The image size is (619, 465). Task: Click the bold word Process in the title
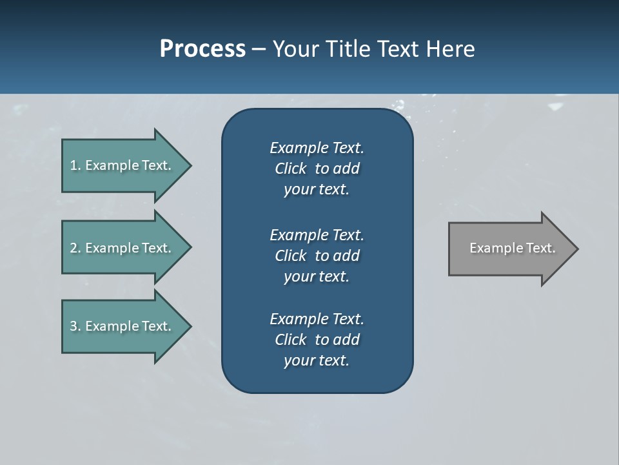202,49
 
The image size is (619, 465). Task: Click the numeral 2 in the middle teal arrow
74,248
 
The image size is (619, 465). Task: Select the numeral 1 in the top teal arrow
74,165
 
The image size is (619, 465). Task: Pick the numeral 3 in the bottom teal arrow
74,326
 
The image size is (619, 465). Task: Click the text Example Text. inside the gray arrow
512,248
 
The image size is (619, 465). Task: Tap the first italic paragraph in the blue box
317,169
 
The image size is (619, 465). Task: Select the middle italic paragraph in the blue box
317,256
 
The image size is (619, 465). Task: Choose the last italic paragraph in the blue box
317,340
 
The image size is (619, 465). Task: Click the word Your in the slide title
294,49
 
